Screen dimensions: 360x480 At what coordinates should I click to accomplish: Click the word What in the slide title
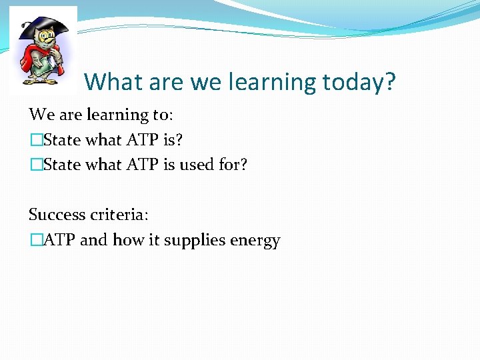click(x=111, y=82)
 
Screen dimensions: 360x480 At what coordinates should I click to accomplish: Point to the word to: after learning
click(x=162, y=115)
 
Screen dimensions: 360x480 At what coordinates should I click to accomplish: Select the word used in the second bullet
click(x=197, y=165)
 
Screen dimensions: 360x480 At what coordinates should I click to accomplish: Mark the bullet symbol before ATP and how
click(x=35, y=240)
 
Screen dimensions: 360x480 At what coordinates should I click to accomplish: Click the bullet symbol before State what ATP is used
click(x=35, y=165)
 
